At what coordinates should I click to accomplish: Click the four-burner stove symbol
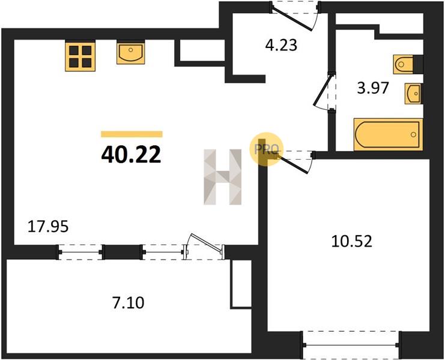(x=80, y=56)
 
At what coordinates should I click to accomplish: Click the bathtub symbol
(x=388, y=134)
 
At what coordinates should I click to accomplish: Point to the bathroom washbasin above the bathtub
(x=413, y=94)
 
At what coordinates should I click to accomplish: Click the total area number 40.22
(x=131, y=155)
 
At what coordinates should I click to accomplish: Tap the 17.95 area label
(x=48, y=227)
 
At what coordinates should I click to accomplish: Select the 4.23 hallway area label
(x=281, y=45)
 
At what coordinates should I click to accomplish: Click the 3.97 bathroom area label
(x=372, y=88)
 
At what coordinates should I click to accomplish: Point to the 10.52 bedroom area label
(x=352, y=242)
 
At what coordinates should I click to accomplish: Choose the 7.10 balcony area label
(x=129, y=302)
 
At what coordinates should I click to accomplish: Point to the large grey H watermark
(x=222, y=177)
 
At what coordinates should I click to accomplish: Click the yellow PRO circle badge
(x=266, y=149)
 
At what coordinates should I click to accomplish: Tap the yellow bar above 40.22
(x=132, y=134)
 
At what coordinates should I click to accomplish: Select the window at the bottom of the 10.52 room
(x=351, y=344)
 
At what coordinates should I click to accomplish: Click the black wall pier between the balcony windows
(x=123, y=252)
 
